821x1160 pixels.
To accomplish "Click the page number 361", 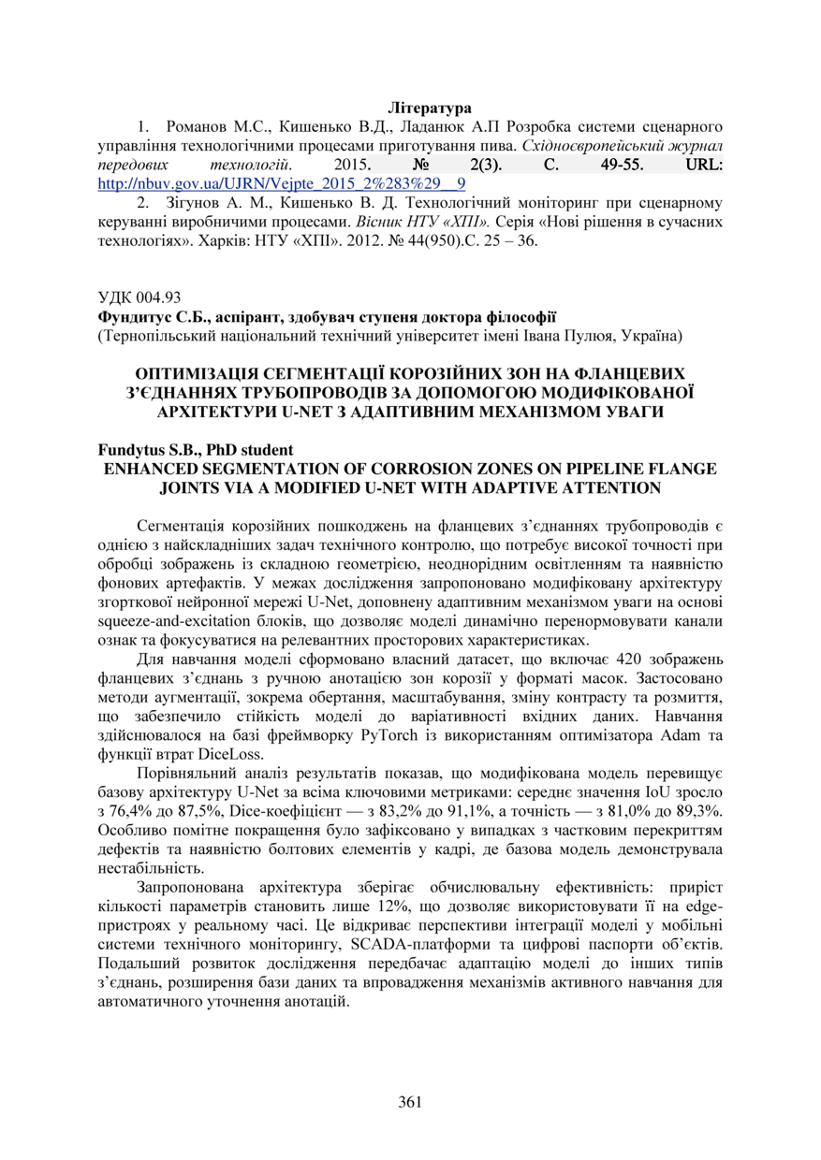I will (410, 1101).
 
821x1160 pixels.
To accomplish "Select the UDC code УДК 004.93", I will (139, 298).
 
